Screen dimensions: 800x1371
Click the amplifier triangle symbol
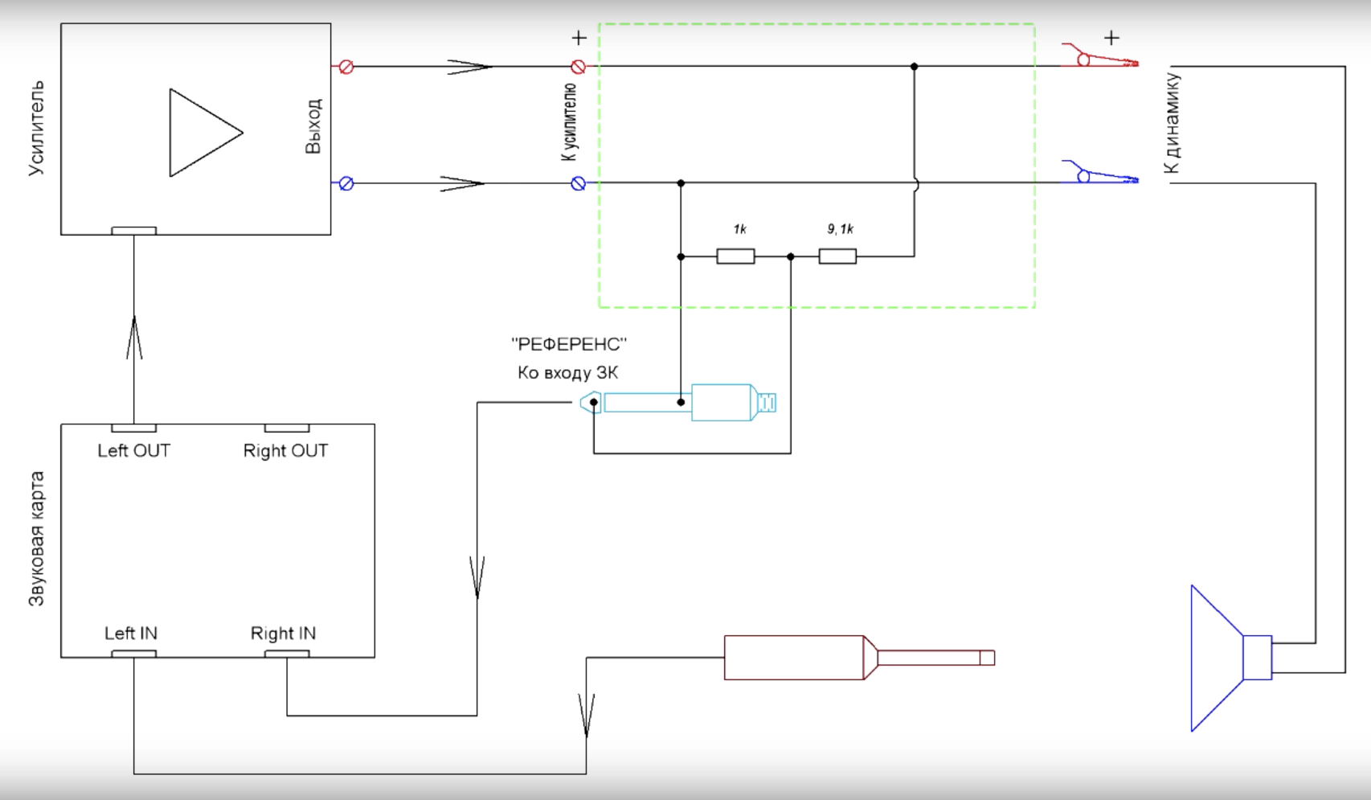click(202, 133)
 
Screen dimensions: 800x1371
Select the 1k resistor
click(735, 256)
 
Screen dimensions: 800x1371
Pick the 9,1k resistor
click(837, 256)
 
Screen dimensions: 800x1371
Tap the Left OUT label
click(133, 451)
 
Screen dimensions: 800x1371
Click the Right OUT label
click(285, 451)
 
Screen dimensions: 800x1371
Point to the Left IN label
click(130, 634)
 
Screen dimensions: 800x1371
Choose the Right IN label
click(283, 634)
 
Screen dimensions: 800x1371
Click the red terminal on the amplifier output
click(346, 67)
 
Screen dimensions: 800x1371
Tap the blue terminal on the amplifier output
click(346, 183)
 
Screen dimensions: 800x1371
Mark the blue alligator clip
click(1099, 174)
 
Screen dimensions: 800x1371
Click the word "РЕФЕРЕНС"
click(569, 345)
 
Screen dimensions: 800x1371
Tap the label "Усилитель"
click(37, 128)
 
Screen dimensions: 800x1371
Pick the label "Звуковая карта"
click(37, 538)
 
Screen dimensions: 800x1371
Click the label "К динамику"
click(1172, 123)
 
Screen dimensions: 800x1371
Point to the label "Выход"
click(313, 126)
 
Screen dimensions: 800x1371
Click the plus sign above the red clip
click(1111, 38)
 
